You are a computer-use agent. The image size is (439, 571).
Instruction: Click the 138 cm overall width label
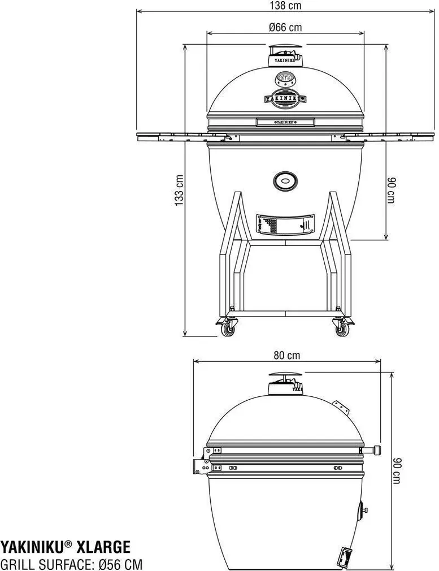(x=286, y=6)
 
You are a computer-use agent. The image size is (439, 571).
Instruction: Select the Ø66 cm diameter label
(x=285, y=27)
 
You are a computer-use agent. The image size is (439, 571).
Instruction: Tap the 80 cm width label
(x=286, y=356)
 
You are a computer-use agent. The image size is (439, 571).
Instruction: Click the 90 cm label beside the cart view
(x=390, y=191)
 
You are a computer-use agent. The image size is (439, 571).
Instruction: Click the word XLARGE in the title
(x=103, y=547)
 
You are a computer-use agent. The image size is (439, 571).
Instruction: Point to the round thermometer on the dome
(x=285, y=79)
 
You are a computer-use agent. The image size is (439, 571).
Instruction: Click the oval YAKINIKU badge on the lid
(x=285, y=98)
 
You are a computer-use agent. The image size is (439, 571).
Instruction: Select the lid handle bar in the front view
(x=285, y=122)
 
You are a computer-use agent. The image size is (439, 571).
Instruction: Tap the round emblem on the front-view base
(x=285, y=181)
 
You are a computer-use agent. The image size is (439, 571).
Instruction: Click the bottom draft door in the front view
(x=285, y=224)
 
